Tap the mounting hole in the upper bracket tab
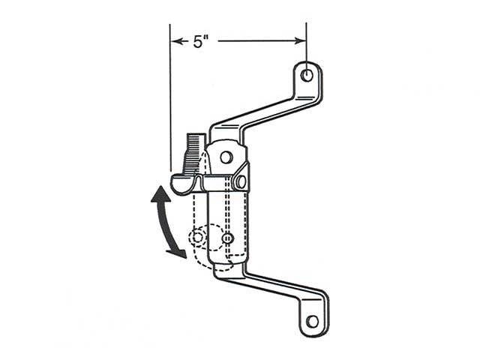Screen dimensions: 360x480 307,75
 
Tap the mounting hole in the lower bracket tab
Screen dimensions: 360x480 312,321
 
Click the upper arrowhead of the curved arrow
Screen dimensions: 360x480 158,193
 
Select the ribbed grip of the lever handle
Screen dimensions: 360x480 192,150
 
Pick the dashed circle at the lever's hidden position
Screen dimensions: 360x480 196,237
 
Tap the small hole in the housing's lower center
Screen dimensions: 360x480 228,238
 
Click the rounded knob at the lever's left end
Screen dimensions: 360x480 180,183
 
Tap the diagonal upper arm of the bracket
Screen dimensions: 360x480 262,112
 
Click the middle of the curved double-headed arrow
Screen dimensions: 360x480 160,223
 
